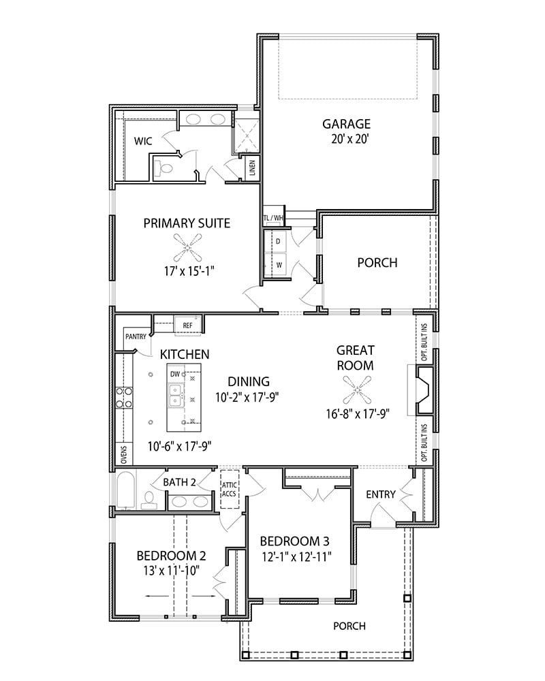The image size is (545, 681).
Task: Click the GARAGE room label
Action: [x=346, y=124]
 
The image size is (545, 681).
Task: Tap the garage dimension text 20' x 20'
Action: [x=346, y=139]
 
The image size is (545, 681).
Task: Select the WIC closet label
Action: [x=143, y=141]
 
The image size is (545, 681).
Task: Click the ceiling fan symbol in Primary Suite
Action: [x=186, y=247]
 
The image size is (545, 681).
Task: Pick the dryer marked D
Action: [x=278, y=242]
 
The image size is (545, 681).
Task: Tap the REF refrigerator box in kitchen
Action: [x=187, y=326]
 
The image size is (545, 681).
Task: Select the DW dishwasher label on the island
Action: [x=175, y=374]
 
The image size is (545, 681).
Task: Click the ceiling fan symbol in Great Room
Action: [x=355, y=393]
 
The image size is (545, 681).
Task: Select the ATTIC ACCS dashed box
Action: [x=228, y=488]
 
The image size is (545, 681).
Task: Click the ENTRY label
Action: [x=380, y=494]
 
